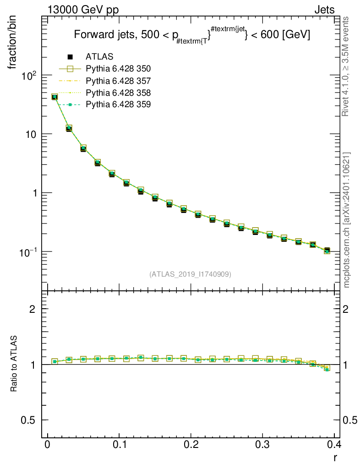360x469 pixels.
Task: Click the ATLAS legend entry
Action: click(99, 56)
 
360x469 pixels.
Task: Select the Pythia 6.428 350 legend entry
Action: click(118, 69)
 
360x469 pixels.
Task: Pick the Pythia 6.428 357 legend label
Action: click(118, 81)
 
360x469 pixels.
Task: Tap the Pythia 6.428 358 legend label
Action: click(118, 93)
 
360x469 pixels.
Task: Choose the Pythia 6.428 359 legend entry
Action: click(118, 104)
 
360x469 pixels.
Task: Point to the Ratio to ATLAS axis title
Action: click(14, 363)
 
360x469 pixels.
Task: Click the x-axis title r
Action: click(335, 458)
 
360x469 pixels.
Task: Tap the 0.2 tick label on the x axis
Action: click(191, 444)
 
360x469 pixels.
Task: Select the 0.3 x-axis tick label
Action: click(262, 444)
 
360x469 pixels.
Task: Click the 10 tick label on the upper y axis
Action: click(30, 134)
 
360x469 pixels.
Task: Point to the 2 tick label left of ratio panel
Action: click(33, 309)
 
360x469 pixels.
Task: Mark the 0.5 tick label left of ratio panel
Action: click(28, 420)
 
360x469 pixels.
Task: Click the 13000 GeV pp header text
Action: click(83, 10)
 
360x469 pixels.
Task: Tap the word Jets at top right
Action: click(324, 10)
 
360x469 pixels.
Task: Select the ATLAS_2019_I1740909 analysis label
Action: click(190, 274)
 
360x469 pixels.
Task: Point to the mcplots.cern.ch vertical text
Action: click(346, 220)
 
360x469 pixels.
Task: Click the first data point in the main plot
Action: click(55, 97)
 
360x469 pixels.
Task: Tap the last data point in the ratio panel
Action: click(327, 369)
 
